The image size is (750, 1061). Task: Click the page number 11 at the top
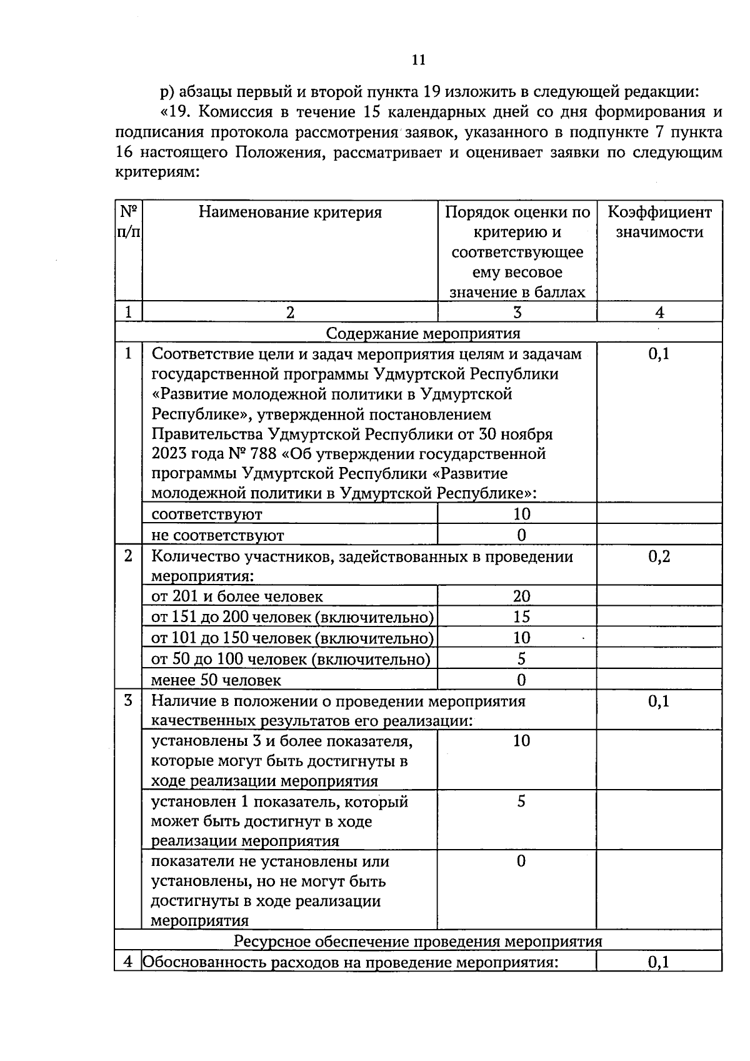pos(419,60)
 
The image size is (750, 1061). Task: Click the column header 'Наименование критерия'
pos(290,213)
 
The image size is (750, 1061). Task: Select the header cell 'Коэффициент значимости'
pos(659,222)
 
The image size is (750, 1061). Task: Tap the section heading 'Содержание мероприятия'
pos(423,333)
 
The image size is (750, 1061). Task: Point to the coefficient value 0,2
pos(659,556)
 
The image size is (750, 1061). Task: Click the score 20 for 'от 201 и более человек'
pos(521,596)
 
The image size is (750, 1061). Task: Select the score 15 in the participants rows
pos(521,617)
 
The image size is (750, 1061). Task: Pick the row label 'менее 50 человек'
pos(216,680)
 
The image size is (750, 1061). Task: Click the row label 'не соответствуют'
pos(217,536)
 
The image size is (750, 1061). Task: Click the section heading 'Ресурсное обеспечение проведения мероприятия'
pos(418,942)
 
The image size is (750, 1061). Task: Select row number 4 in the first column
pos(128,962)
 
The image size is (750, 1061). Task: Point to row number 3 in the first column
pos(128,701)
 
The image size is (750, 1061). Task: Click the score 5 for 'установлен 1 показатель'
pos(521,802)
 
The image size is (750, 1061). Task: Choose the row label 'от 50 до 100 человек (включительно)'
pos(291,660)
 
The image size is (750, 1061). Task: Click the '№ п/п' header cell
pos(128,222)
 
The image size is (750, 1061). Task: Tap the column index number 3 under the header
pos(517,313)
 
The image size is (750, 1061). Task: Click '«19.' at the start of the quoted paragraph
pos(175,113)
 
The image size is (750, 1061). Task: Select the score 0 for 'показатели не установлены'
pos(521,862)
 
